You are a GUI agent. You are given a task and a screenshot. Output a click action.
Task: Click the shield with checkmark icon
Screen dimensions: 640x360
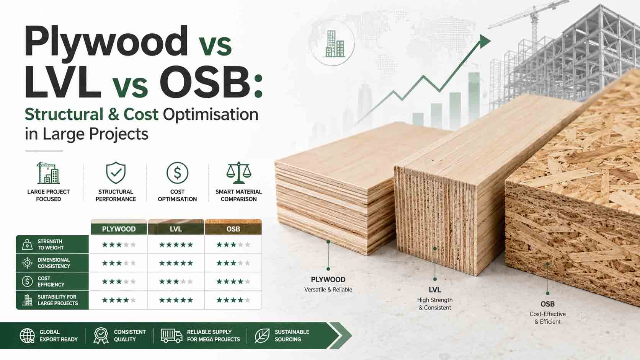point(116,173)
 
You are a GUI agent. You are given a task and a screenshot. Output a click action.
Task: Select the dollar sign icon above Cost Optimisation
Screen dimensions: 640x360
point(177,173)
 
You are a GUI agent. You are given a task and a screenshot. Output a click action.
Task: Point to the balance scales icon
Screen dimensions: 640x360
point(238,173)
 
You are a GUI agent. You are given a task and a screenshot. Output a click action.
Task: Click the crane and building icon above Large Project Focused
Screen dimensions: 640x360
point(48,173)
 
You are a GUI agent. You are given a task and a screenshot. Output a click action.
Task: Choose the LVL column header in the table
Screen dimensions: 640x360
point(176,229)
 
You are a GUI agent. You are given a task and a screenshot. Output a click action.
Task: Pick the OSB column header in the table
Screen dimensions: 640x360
point(233,229)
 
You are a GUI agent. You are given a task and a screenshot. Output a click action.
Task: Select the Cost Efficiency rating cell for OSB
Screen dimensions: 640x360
point(233,282)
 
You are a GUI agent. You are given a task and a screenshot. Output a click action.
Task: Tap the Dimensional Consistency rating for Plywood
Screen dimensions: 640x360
point(119,263)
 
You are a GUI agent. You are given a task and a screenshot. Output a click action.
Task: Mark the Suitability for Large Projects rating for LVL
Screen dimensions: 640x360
point(176,300)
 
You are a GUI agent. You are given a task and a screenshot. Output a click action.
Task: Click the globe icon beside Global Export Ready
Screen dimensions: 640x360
point(27,336)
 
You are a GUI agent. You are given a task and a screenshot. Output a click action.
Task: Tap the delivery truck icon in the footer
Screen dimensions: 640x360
point(171,336)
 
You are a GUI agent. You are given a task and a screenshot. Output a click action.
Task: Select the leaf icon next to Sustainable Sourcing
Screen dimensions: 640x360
point(262,336)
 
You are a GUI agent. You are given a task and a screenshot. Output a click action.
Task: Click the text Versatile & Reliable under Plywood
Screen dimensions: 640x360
point(328,290)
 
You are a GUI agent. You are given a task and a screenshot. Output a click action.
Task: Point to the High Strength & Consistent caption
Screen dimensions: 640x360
point(435,304)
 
